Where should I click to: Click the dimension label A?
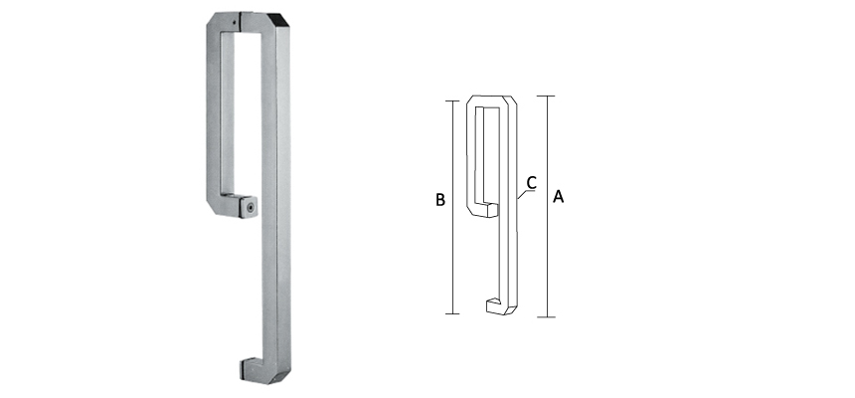[558, 198]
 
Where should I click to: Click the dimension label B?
[439, 200]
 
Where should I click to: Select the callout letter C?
[532, 182]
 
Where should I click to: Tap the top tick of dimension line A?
[546, 96]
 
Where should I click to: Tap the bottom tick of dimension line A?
[546, 317]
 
